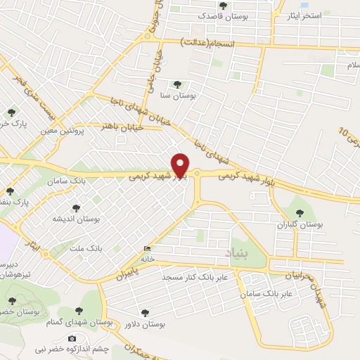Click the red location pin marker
[180, 165]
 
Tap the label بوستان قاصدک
[222, 15]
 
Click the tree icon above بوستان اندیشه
[76, 208]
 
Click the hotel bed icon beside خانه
[146, 249]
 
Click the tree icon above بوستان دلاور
[145, 313]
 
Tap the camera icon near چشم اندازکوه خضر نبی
[72, 339]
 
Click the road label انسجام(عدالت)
[207, 43]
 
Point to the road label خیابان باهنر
[123, 128]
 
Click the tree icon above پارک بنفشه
[11, 191]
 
